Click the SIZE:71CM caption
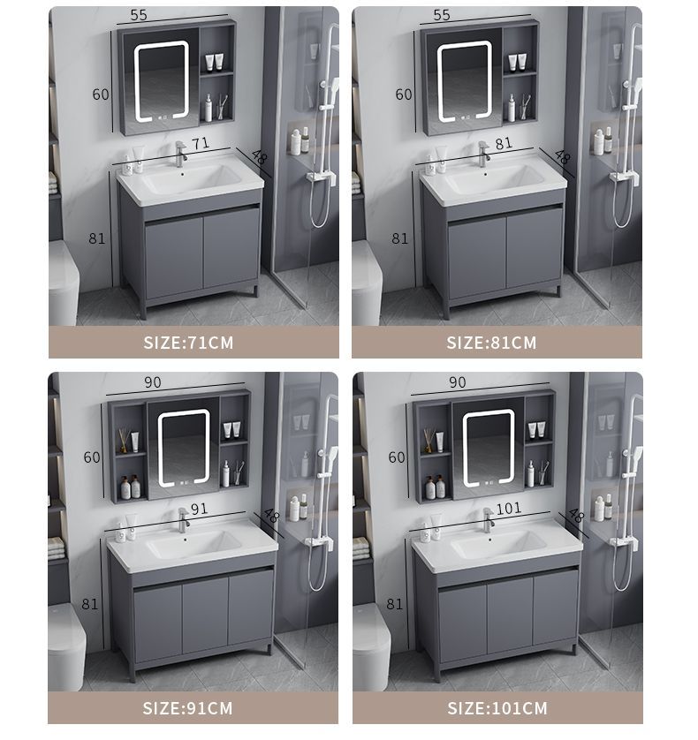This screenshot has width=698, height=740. pos(188,342)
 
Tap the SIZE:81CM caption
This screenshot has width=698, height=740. pos(491,342)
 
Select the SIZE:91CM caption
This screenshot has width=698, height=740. pos(188,708)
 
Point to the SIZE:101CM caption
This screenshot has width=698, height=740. pos(497,708)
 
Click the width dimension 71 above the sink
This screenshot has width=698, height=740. pos(201,143)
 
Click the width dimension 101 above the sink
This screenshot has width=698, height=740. pos(509,509)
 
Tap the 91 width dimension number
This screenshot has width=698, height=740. pos(200,509)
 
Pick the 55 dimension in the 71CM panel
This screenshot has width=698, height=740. pos(139,15)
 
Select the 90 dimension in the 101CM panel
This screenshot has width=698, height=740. pos(457,382)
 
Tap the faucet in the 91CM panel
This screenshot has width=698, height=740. pos(183,520)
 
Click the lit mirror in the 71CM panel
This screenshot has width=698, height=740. pos(162,80)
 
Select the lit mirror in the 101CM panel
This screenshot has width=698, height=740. pos(489,449)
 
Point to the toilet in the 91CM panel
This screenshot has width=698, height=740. pos(66,646)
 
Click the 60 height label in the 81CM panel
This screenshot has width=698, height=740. pos(404,94)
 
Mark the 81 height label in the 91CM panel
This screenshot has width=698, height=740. pos(90,604)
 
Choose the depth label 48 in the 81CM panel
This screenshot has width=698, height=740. pos(562,157)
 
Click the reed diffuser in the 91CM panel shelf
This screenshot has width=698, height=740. pos(124,441)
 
